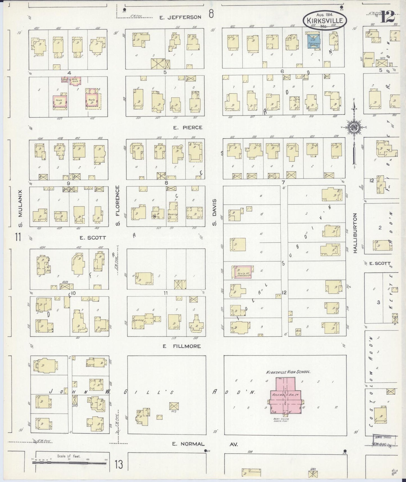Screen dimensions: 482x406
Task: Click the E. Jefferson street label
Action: coord(180,17)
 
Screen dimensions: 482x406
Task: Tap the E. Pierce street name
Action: coord(188,127)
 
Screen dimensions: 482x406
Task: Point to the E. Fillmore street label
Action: coord(182,346)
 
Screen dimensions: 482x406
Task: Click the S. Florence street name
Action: coord(117,205)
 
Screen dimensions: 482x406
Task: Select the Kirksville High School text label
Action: coord(288,372)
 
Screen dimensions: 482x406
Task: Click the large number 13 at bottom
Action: coord(119,464)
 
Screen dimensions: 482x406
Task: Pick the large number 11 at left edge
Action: coord(18,237)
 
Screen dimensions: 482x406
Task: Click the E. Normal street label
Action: coord(189,444)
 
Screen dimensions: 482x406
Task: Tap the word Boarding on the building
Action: coord(138,320)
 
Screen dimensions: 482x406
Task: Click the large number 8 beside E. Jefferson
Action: coord(211,14)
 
